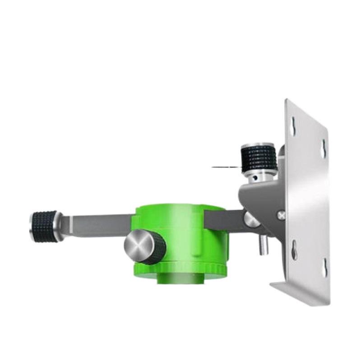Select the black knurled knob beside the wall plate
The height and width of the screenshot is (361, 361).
(259, 158)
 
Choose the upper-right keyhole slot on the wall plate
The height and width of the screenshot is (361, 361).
(324, 148)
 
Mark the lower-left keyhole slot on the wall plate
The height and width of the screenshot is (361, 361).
(294, 249)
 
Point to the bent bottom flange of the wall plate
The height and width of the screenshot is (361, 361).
(298, 293)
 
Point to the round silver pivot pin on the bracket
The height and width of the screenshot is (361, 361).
(251, 219)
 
